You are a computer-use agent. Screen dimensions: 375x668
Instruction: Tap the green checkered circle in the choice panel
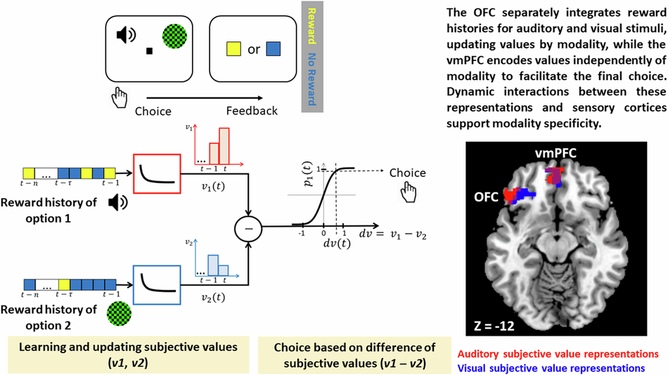[x=173, y=37]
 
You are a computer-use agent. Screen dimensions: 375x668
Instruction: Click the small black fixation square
[x=149, y=51]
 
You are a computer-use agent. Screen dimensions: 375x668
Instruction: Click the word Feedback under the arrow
[x=252, y=110]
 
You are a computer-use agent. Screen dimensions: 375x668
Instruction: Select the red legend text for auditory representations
[x=558, y=353]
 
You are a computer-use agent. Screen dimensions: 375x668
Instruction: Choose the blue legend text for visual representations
[x=551, y=367]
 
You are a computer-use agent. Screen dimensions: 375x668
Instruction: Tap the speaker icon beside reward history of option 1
[x=117, y=203]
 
